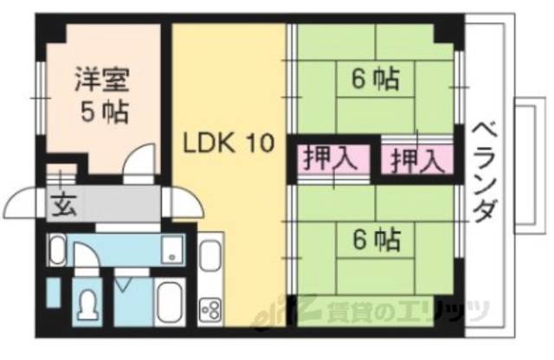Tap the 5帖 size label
click(102, 112)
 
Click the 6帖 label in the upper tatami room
click(375, 80)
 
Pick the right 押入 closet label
click(416, 159)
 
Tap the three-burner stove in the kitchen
click(211, 307)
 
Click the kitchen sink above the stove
click(211, 260)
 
